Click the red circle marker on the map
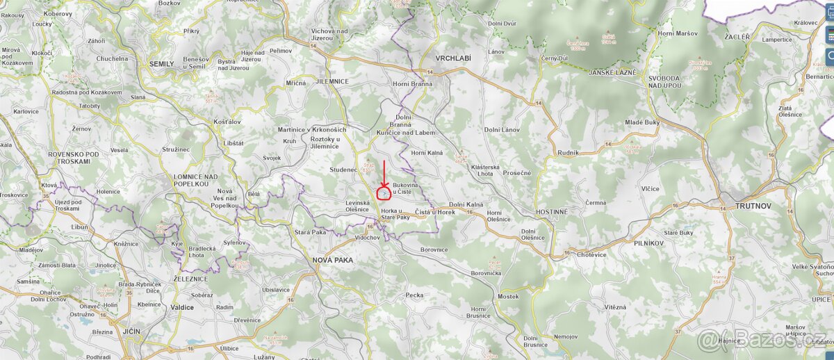coord(384,193)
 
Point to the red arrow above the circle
coord(384,174)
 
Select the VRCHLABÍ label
coord(453,58)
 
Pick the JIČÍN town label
coord(129,332)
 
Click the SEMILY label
coord(161,63)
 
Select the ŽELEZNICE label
coord(190,279)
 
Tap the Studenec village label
coord(344,169)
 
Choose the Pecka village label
coord(414,295)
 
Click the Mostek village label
coord(508,297)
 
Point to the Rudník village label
coord(568,152)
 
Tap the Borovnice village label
coord(435,249)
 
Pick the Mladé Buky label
coord(642,122)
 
